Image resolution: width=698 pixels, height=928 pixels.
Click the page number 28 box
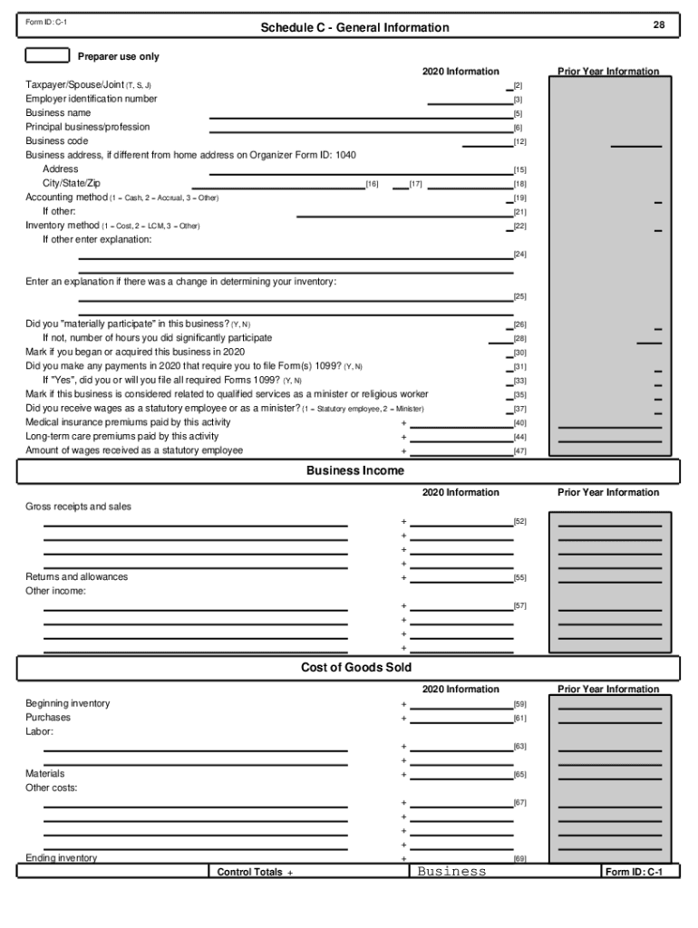[659, 26]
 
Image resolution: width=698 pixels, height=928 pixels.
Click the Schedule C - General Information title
[354, 28]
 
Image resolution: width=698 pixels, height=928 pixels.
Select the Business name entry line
[360, 118]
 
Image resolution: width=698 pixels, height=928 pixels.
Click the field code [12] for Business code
[520, 142]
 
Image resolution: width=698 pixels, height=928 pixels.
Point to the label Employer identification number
[91, 99]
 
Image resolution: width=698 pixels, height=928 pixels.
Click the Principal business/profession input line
[360, 131]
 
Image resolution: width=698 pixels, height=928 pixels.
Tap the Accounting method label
[67, 198]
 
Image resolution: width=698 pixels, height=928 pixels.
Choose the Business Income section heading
[355, 471]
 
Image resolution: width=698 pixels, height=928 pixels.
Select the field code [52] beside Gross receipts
[520, 522]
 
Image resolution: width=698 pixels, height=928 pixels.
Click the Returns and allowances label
[76, 577]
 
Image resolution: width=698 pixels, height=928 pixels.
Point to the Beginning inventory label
[68, 704]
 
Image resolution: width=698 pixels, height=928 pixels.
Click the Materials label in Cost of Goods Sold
[44, 775]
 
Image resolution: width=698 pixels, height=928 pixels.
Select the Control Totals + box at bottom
[254, 872]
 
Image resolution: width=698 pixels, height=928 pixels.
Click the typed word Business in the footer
[451, 872]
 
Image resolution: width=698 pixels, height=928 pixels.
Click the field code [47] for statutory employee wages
[520, 451]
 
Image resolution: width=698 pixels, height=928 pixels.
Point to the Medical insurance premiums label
[128, 422]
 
